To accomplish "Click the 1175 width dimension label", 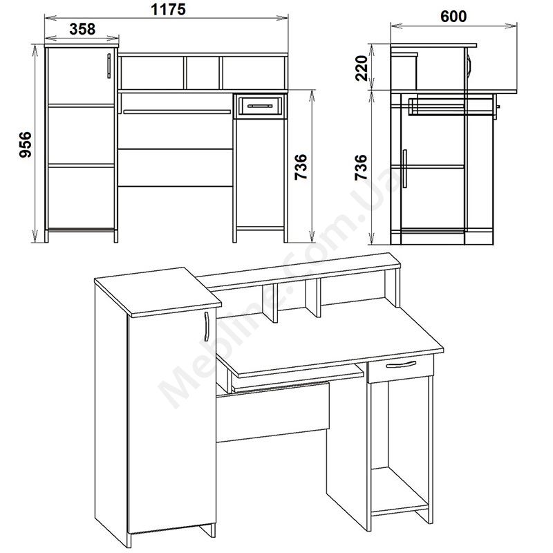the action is coord(168,10).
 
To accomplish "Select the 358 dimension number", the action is coord(82,29).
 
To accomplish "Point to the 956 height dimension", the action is coord(26,144).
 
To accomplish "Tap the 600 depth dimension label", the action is coord(453,16).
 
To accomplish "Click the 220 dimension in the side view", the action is coord(362,68).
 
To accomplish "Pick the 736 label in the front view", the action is coord(301,167).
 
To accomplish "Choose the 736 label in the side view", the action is coord(361,167).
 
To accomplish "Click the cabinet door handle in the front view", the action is coord(109,66).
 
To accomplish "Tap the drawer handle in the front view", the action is coord(260,106).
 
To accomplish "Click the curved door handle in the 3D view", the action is coord(206,326).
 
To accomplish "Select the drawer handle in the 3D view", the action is coord(401,364).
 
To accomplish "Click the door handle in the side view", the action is coord(404,169).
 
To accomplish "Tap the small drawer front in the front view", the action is coord(261,106).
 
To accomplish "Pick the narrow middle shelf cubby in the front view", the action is coord(203,73).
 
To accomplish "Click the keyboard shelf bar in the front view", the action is coord(177,112).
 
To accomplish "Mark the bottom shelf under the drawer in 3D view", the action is coord(400,491).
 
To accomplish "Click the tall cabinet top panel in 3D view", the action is coord(158,292).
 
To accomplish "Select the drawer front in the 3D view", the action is coord(400,368).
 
